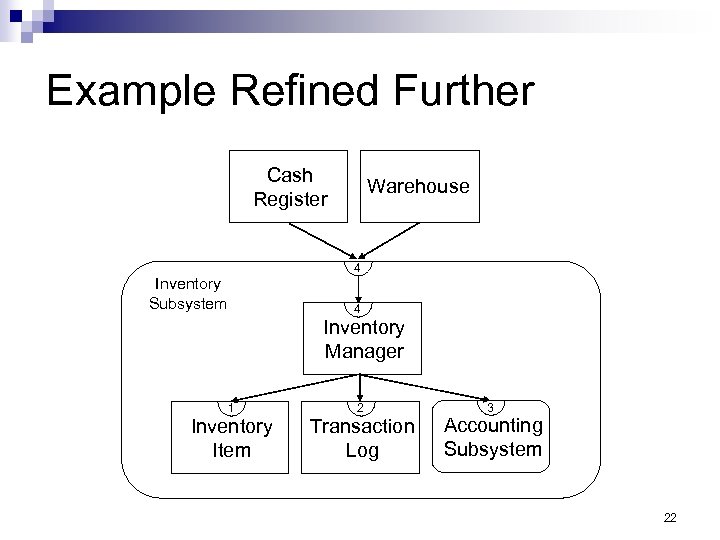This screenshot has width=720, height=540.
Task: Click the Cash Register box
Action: click(x=290, y=186)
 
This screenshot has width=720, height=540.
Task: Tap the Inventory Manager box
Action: click(x=363, y=339)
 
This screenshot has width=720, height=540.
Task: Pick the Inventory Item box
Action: click(x=232, y=438)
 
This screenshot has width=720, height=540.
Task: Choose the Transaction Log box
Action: click(x=362, y=438)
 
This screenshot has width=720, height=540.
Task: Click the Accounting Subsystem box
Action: click(x=492, y=437)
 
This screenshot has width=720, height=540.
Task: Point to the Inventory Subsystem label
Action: click(x=188, y=294)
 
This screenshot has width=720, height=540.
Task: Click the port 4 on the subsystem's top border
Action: click(x=357, y=268)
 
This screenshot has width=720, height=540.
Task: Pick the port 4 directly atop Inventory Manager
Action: click(x=357, y=309)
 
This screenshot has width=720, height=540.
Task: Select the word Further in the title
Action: click(x=473, y=92)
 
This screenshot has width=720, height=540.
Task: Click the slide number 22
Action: click(x=670, y=516)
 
